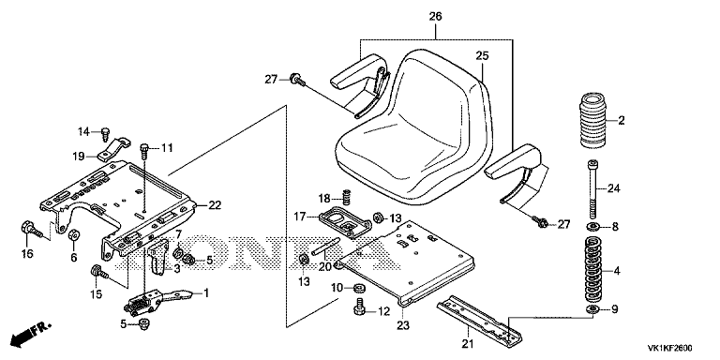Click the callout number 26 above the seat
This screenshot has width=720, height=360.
click(435, 18)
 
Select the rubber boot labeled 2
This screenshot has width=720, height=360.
click(593, 121)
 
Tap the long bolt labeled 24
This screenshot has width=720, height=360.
click(593, 188)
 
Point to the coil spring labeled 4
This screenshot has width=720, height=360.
click(593, 270)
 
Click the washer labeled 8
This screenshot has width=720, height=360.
click(593, 226)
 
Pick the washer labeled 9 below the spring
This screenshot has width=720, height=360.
click(593, 308)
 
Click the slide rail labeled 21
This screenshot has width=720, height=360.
click(479, 319)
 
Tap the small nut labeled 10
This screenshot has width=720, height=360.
click(359, 289)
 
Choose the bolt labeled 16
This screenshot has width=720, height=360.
click(31, 229)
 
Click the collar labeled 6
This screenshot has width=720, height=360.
click(73, 234)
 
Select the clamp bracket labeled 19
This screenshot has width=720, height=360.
click(113, 150)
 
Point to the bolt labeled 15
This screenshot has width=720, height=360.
click(99, 272)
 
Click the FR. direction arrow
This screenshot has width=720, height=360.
click(31, 335)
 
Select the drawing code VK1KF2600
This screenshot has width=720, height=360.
click(670, 348)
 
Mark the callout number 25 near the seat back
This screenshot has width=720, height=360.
click(482, 56)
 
